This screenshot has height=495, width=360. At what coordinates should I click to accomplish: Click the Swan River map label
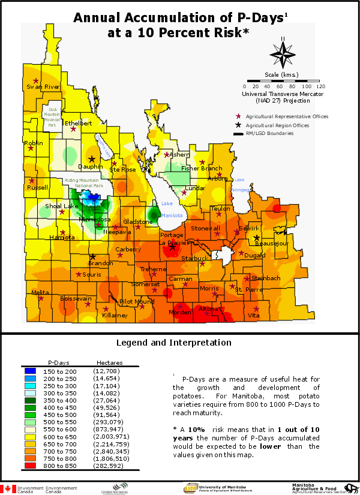pos(43,87)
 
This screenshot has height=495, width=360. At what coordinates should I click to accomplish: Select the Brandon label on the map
pos(100,263)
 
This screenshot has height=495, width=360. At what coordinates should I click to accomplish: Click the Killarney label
pos(115,315)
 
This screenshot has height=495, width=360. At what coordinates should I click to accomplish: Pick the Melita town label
pos(41,292)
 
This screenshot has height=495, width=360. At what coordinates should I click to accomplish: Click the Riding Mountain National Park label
pos(85,184)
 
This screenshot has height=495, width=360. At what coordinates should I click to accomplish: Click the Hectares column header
pos(109,362)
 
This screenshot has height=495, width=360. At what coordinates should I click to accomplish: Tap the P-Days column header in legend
pos(59,362)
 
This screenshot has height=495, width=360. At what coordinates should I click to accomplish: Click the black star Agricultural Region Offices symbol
pos(239,125)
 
